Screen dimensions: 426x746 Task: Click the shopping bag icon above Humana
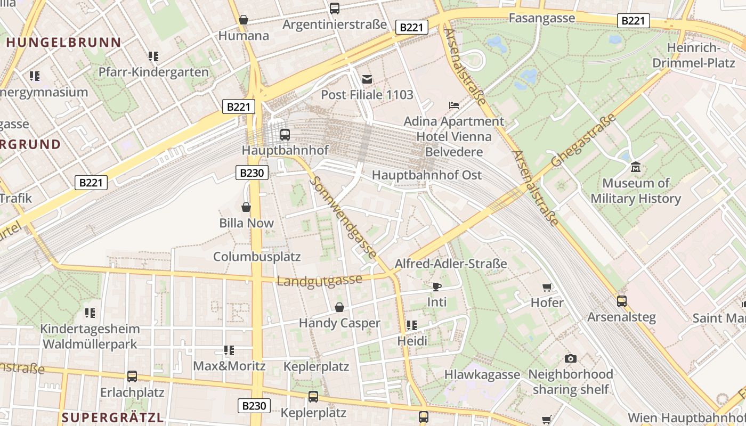point(244,20)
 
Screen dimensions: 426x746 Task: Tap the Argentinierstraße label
point(334,24)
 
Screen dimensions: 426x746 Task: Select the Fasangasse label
point(542,18)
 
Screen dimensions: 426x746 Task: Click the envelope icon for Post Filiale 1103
point(367,79)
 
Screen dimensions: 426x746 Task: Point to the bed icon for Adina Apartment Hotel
point(453,105)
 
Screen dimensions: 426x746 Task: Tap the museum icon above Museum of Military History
point(635,167)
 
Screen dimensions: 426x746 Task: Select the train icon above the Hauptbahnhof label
point(285,134)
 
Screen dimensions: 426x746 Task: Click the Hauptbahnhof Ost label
point(426,175)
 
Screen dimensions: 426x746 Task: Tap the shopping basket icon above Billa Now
point(246,207)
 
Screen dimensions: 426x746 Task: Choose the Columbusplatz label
point(257,257)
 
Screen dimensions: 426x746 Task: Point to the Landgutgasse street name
point(319,280)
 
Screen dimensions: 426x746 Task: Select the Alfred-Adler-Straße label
point(451,264)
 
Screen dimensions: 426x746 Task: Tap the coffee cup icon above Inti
point(437,286)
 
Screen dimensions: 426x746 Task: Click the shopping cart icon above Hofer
point(547,288)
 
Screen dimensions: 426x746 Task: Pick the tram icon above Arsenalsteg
point(621,301)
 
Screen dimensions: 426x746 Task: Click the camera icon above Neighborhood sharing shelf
point(570,358)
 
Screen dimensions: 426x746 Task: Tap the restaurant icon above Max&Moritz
point(229,350)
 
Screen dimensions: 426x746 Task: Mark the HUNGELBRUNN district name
point(64,43)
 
